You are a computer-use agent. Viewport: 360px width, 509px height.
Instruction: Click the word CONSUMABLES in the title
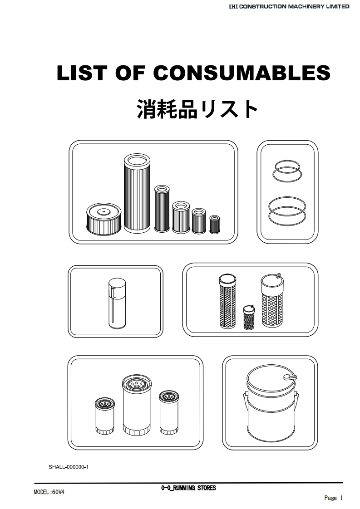pyautogui.click(x=242, y=73)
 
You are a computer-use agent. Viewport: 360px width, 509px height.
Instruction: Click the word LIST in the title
pyautogui.click(x=82, y=73)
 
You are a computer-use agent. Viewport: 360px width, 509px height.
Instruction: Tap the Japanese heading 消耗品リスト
pyautogui.click(x=197, y=109)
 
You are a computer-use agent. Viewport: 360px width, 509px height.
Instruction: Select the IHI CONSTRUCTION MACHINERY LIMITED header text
pyautogui.click(x=289, y=6)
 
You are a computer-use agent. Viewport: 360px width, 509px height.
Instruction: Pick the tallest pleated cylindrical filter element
pyautogui.click(x=137, y=193)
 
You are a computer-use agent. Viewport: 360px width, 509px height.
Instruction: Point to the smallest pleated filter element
pyautogui.click(x=214, y=224)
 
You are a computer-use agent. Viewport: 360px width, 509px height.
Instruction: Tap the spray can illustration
pyautogui.click(x=117, y=303)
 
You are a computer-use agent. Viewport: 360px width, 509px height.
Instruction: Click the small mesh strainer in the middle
pyautogui.click(x=249, y=317)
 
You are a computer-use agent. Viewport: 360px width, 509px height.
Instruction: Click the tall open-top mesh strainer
pyautogui.click(x=227, y=301)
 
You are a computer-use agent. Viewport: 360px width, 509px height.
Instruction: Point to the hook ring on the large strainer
pyautogui.click(x=278, y=276)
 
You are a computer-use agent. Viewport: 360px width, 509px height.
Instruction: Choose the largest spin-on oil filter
pyautogui.click(x=137, y=406)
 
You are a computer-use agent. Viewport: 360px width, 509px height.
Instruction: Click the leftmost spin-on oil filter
pyautogui.click(x=104, y=416)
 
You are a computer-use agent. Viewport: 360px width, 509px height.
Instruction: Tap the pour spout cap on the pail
pyautogui.click(x=290, y=377)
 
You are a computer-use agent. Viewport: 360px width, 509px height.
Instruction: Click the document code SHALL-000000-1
pyautogui.click(x=69, y=467)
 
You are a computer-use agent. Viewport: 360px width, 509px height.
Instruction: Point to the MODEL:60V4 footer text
pyautogui.click(x=49, y=492)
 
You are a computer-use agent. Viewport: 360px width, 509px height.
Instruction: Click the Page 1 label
pyautogui.click(x=333, y=498)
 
